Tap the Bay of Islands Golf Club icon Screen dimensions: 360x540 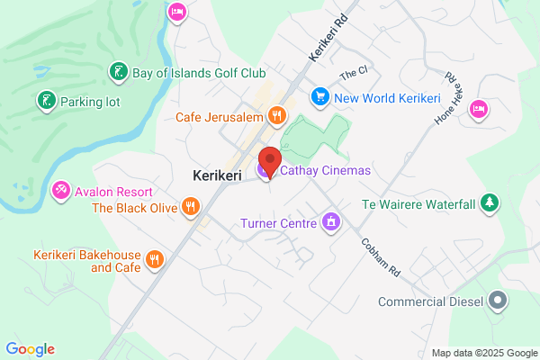pos(117,71)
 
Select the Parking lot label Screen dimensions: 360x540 pos(89,102)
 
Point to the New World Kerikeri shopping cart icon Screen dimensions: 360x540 pos(319,96)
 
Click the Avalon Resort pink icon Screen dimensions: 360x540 pos(61,191)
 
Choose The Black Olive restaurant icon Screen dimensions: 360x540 pos(190,208)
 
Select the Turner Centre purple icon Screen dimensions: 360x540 pos(331,221)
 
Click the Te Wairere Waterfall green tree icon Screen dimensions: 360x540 pos(489,204)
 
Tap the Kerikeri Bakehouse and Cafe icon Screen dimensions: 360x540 pos(155,260)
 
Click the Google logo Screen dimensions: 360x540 pos(30,349)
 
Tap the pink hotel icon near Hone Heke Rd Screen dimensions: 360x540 pos(477,108)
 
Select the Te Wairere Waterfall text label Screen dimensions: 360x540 pos(418,204)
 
